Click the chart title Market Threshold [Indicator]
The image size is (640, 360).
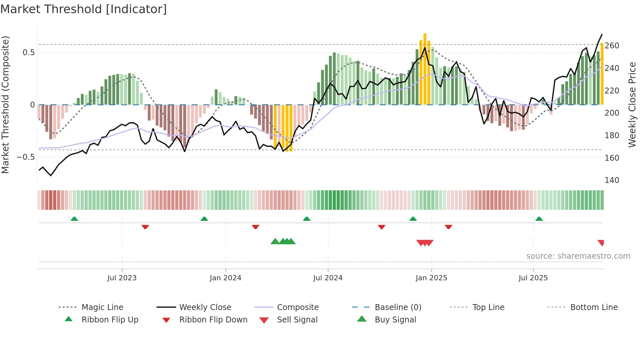(x=84, y=9)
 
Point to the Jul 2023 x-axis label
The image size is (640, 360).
(x=122, y=278)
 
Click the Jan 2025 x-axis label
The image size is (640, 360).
(x=431, y=278)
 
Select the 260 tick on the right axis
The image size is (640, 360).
(x=612, y=46)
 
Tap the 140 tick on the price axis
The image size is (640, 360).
(x=612, y=180)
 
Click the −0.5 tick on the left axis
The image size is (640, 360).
(x=26, y=157)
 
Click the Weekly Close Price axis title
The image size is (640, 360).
(x=632, y=105)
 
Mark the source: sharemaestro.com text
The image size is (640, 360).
(x=578, y=256)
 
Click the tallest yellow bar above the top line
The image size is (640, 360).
(x=425, y=69)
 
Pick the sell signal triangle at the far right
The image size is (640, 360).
(x=601, y=242)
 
